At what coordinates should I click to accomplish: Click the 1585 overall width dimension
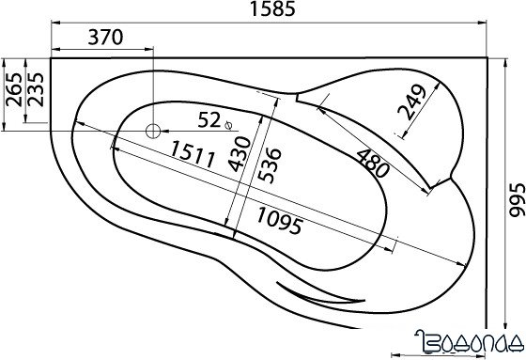(273, 9)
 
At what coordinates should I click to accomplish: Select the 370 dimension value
(105, 38)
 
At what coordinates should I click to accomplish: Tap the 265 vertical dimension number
(14, 89)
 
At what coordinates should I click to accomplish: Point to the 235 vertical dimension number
(37, 89)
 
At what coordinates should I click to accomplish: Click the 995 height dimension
(517, 200)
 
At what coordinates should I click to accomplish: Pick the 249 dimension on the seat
(411, 102)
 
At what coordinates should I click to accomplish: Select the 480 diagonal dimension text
(373, 163)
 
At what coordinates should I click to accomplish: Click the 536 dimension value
(271, 165)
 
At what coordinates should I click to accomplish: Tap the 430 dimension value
(240, 154)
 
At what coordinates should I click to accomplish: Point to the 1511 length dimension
(193, 154)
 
